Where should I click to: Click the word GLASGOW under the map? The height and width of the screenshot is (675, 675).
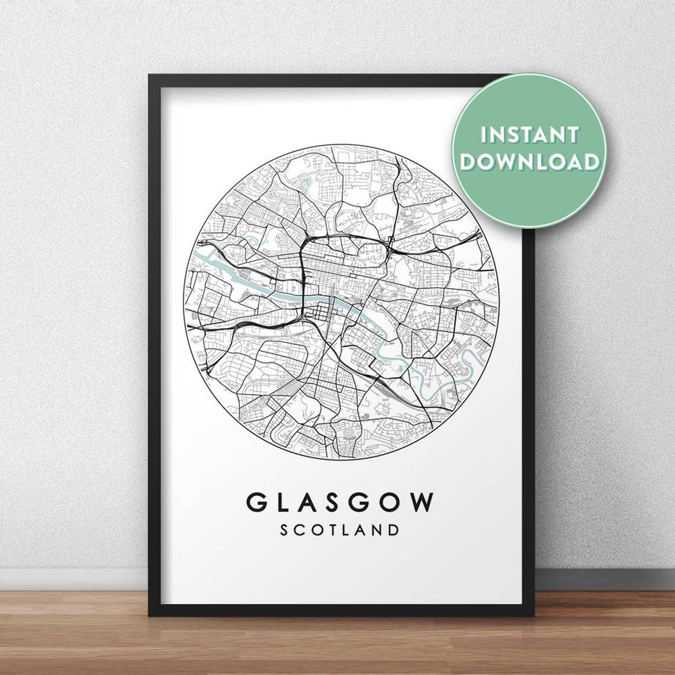pyautogui.click(x=340, y=503)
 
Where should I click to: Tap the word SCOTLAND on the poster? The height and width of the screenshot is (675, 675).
pyautogui.click(x=340, y=529)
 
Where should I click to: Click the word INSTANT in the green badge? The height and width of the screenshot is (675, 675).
pyautogui.click(x=529, y=135)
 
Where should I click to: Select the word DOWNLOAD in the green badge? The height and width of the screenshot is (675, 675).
pyautogui.click(x=529, y=161)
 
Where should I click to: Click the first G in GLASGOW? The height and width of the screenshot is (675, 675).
pyautogui.click(x=257, y=503)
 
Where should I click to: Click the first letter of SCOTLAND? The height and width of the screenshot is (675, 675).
pyautogui.click(x=284, y=529)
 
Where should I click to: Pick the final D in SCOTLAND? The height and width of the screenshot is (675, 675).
pyautogui.click(x=394, y=529)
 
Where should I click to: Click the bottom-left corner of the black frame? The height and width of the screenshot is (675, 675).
pyautogui.click(x=151, y=614)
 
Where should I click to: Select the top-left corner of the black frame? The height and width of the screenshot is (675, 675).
pyautogui.click(x=151, y=77)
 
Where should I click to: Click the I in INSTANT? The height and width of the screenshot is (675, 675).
pyautogui.click(x=484, y=135)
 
